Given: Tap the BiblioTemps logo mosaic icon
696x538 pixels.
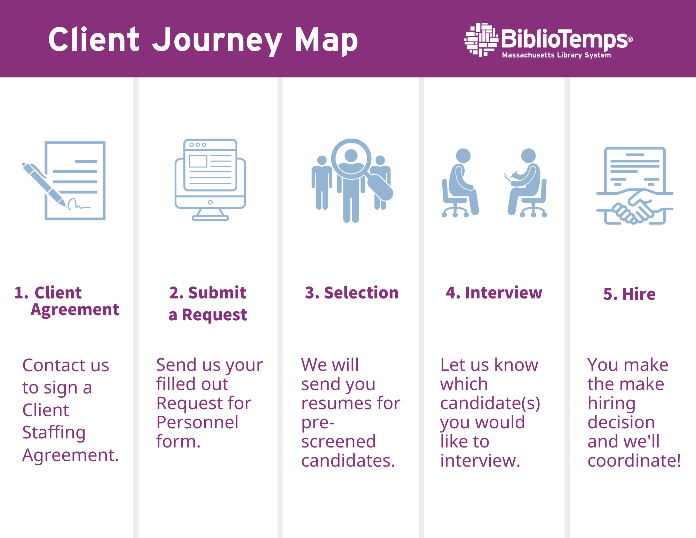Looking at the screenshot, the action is [481, 40].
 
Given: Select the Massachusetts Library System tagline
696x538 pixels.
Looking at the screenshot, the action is [556, 55].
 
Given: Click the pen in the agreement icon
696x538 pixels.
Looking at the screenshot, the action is [44, 185].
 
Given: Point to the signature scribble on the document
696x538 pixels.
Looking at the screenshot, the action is [79, 204].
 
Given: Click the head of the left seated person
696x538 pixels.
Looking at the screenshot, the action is [463, 156].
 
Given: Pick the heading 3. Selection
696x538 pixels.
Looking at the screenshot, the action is [351, 293].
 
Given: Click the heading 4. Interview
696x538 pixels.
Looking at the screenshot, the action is [494, 293].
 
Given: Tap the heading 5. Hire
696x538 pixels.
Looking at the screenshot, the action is [629, 294].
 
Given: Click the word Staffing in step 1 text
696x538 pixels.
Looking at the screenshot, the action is [54, 433].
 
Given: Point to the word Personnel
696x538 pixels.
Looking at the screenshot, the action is [197, 422].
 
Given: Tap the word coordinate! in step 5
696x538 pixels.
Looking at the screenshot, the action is [634, 461].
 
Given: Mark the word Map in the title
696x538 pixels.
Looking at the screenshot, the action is [326, 41].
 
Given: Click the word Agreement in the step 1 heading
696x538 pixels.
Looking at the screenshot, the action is [75, 310].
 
